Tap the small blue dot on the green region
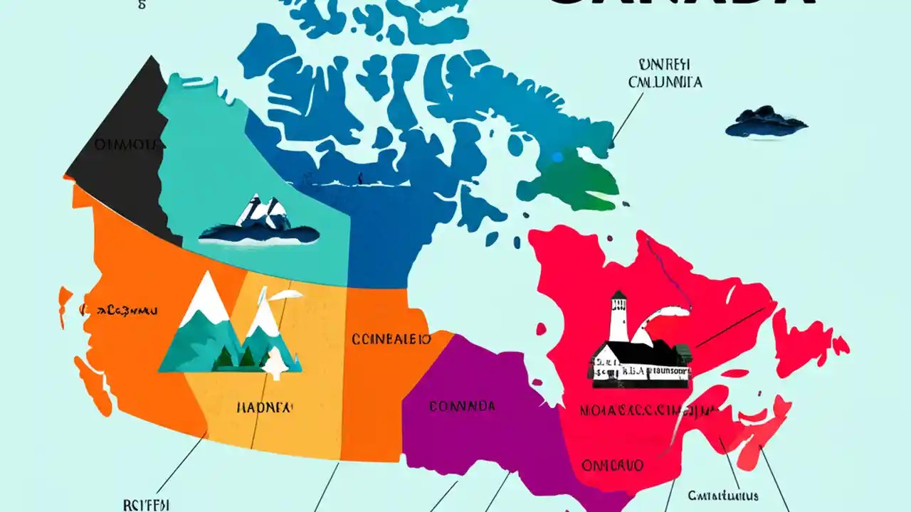tap(557, 156)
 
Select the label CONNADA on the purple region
tap(462, 407)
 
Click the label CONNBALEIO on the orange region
tap(391, 339)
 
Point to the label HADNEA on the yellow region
tap(264, 407)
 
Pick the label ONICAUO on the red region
tap(612, 465)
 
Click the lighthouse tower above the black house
tap(618, 316)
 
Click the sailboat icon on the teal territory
tap(260, 222)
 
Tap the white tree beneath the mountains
tap(275, 363)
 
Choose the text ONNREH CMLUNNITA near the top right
tap(665, 73)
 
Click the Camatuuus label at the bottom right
tap(722, 496)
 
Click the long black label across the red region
tap(646, 410)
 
